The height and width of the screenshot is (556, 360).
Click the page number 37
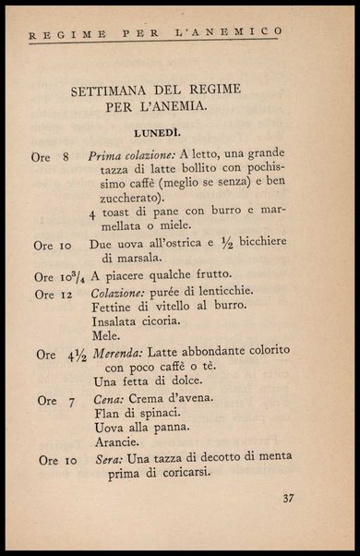coord(288,500)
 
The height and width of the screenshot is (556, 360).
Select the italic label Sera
coord(106,459)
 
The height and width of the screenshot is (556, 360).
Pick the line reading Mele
coord(106,334)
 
